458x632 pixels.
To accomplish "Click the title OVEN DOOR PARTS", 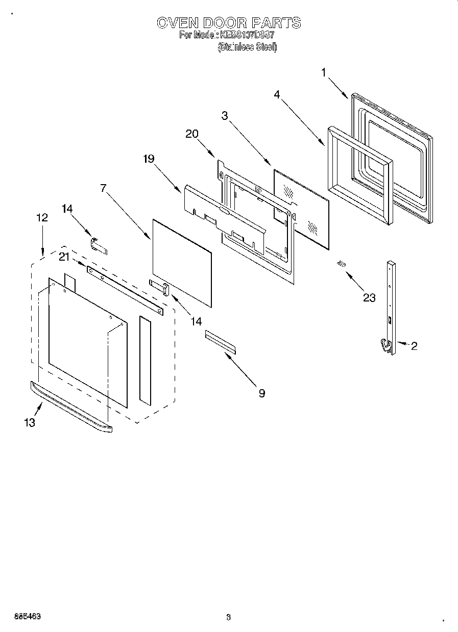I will [228, 22].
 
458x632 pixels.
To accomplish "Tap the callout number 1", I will [324, 73].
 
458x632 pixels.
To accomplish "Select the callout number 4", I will [276, 94].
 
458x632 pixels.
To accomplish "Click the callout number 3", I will [224, 115].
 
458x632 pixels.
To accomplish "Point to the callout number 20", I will [191, 134].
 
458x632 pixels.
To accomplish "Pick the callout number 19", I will [148, 159].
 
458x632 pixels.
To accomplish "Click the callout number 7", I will [103, 188].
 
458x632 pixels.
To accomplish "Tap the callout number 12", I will [42, 217].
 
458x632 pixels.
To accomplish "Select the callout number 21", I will [64, 257].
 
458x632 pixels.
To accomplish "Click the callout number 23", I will [369, 297].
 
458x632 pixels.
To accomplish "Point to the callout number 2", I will [414, 346].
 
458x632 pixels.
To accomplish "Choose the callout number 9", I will [261, 393].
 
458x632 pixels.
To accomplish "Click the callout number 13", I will [30, 422].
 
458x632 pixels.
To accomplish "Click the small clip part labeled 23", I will [341, 263].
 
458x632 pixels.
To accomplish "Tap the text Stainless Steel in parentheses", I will [247, 47].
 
